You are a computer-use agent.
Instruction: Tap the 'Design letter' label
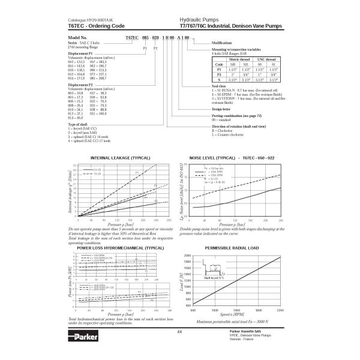click(x=222, y=109)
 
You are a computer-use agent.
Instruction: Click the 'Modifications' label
click(x=222, y=43)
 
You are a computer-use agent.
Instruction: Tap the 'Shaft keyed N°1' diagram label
click(x=214, y=278)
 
